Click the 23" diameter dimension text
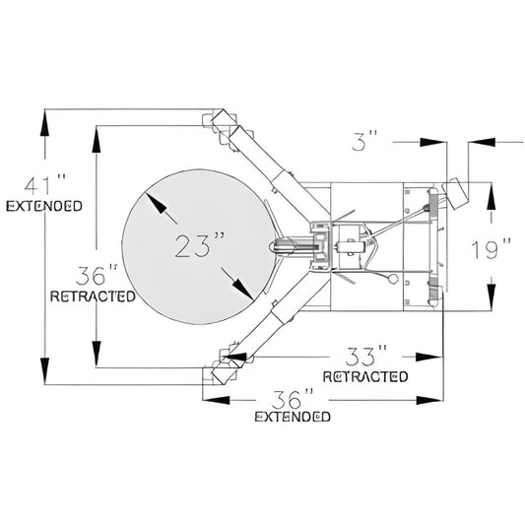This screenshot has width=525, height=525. (x=199, y=245)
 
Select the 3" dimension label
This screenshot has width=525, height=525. (x=364, y=141)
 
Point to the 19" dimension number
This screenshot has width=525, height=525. (x=491, y=248)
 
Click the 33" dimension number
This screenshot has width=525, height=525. (x=366, y=356)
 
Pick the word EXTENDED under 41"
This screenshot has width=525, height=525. (x=44, y=206)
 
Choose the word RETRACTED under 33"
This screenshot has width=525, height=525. (x=365, y=376)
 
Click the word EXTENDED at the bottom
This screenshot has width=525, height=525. (x=293, y=417)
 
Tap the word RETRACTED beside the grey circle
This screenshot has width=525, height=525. (x=93, y=296)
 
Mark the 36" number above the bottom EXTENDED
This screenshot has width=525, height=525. (x=293, y=399)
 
